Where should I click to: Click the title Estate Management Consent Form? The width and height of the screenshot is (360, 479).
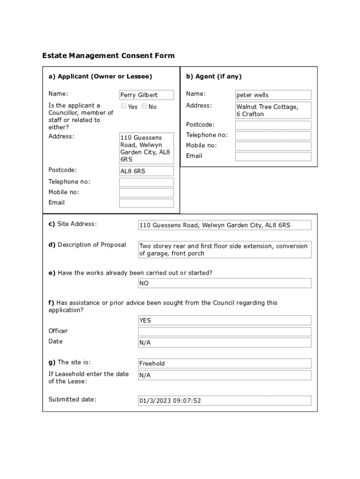pos(108,56)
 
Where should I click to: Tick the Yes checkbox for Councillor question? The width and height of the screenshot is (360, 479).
pos(123,106)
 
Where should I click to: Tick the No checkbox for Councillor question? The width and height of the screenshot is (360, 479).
pos(144,106)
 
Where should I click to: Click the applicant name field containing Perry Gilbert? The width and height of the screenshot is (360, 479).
pos(146,95)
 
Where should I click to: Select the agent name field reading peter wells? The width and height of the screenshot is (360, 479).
pos(273,95)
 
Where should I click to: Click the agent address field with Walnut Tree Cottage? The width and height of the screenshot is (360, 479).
pos(273,110)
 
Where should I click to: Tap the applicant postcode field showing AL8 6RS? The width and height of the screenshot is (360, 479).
pos(146,171)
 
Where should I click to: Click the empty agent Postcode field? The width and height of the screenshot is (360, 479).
pos(273,125)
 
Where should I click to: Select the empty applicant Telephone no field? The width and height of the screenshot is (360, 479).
pos(146,182)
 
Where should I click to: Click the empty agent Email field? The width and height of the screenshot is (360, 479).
pos(273,157)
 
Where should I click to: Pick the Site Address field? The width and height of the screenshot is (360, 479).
pos(224,225)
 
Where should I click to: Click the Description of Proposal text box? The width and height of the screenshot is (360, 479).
pos(224,250)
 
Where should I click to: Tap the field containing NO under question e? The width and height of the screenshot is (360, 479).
pos(224,283)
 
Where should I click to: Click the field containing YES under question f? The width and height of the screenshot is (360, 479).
pos(224,320)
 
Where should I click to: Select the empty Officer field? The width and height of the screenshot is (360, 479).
pos(224,332)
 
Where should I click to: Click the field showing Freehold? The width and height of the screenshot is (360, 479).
pos(224,363)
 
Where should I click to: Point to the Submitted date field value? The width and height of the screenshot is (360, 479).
pos(224,401)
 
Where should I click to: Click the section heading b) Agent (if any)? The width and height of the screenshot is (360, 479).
pos(214,76)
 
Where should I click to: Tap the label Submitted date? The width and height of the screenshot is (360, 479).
pos(72,399)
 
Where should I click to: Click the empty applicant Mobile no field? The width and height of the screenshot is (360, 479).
pos(146,193)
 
